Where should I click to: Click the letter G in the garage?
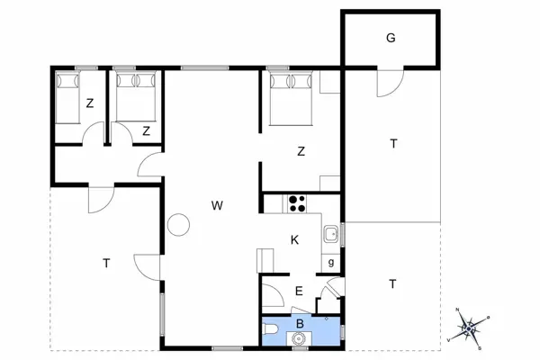pyautogui.click(x=391, y=38)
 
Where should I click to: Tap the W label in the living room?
pyautogui.click(x=217, y=206)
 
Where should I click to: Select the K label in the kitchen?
pyautogui.click(x=294, y=240)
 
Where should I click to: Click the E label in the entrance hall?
pyautogui.click(x=299, y=291)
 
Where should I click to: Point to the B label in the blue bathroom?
pyautogui.click(x=300, y=324)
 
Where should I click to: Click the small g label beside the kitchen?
pyautogui.click(x=331, y=263)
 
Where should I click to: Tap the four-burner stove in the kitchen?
pyautogui.click(x=297, y=203)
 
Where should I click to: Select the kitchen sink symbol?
pyautogui.click(x=331, y=235)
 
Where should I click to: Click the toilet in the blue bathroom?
pyautogui.click(x=270, y=330)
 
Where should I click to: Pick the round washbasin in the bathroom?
pyautogui.click(x=297, y=338)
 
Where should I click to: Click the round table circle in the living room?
pyautogui.click(x=178, y=225)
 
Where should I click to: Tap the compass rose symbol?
pyautogui.click(x=468, y=329)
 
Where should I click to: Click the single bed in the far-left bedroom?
pyautogui.click(x=67, y=97)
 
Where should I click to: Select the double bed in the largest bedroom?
pyautogui.click(x=291, y=99)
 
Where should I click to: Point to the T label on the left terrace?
pyautogui.click(x=106, y=264)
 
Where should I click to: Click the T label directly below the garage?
pyautogui.click(x=393, y=143)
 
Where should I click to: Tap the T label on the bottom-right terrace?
pyautogui.click(x=392, y=284)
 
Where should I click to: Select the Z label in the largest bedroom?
pyautogui.click(x=301, y=151)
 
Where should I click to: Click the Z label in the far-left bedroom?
pyautogui.click(x=90, y=103)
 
